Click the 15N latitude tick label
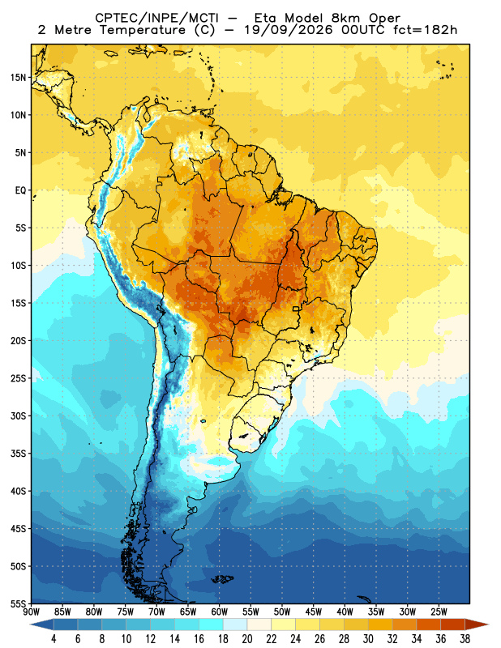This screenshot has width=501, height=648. click(x=18, y=78)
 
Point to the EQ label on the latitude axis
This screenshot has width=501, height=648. click(x=21, y=190)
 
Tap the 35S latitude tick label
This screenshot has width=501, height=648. click(x=18, y=454)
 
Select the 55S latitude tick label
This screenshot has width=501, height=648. click(x=18, y=603)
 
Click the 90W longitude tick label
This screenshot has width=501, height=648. click(x=31, y=612)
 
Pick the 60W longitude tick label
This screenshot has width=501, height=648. click(x=219, y=612)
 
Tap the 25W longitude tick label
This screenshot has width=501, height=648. click(x=439, y=612)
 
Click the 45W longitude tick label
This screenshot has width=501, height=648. click(x=314, y=612)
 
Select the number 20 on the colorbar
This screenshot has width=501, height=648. click(x=247, y=639)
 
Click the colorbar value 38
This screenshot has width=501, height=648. click(x=465, y=639)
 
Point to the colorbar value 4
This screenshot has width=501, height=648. click(x=54, y=639)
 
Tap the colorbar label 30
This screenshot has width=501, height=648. click(x=368, y=639)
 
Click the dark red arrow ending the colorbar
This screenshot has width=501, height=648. click(x=476, y=625)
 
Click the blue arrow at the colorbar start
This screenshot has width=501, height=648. click(x=42, y=625)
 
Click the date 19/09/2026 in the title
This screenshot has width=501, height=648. click(x=288, y=30)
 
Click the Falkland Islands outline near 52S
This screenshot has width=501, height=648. click(x=223, y=579)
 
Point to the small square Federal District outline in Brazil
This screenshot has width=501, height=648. click(x=296, y=309)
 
